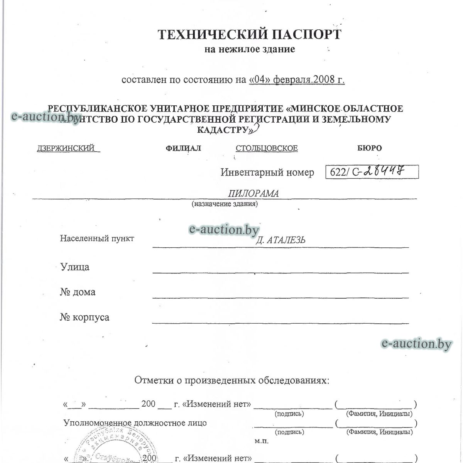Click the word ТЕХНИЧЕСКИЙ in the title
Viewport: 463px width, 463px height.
[x=213, y=35]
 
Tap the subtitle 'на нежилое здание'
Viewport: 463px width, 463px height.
[x=250, y=49]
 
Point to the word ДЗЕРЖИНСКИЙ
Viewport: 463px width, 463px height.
[x=66, y=149]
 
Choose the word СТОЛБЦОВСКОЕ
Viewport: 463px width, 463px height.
[x=267, y=149]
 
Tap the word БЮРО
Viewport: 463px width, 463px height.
[x=369, y=148]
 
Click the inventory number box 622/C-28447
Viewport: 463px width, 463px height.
[x=372, y=172]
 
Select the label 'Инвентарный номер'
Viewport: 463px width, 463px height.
[x=267, y=172]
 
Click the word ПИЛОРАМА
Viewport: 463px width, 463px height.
[x=253, y=193]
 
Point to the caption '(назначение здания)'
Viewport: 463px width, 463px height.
[x=225, y=204]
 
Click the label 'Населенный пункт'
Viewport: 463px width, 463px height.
[x=97, y=238]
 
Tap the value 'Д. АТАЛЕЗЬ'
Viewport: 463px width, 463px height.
[x=281, y=240]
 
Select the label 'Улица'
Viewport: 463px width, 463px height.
[x=74, y=267]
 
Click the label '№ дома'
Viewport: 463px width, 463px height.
[x=78, y=292]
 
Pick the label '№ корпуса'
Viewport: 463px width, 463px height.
[x=84, y=318]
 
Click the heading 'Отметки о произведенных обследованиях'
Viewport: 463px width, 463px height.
[x=232, y=380]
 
